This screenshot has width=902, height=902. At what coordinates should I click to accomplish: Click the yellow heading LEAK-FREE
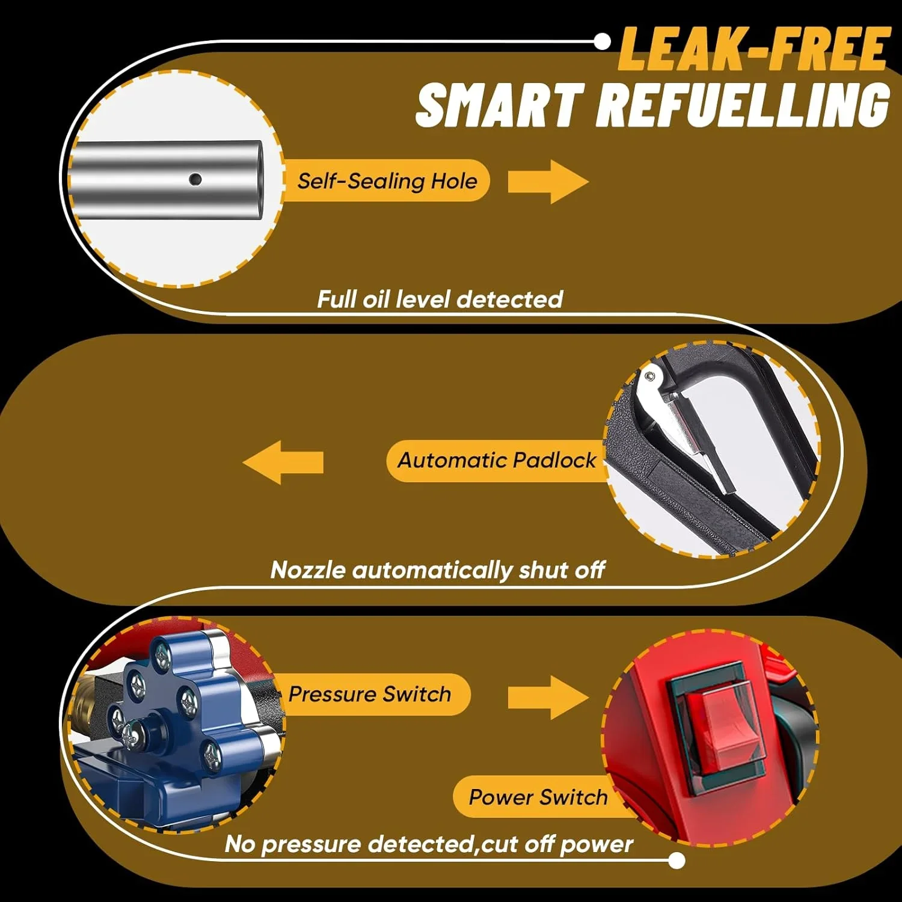[754, 49]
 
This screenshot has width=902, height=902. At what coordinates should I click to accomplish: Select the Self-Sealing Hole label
[387, 181]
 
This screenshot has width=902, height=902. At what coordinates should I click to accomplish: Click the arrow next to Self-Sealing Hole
[548, 182]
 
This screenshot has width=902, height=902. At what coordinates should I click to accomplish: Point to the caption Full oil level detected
[440, 299]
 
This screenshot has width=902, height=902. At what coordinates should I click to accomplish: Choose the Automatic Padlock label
[497, 461]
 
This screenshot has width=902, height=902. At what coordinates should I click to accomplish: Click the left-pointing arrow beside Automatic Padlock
[283, 462]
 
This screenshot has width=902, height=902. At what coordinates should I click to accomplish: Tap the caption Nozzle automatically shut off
[437, 569]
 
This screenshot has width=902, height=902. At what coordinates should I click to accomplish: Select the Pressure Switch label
[369, 694]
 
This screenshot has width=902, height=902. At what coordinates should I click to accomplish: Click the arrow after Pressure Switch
[548, 697]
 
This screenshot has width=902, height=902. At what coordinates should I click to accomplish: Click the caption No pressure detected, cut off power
[429, 844]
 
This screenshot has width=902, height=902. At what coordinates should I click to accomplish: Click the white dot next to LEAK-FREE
[602, 41]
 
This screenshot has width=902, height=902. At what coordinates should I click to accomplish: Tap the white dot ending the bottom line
[677, 861]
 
